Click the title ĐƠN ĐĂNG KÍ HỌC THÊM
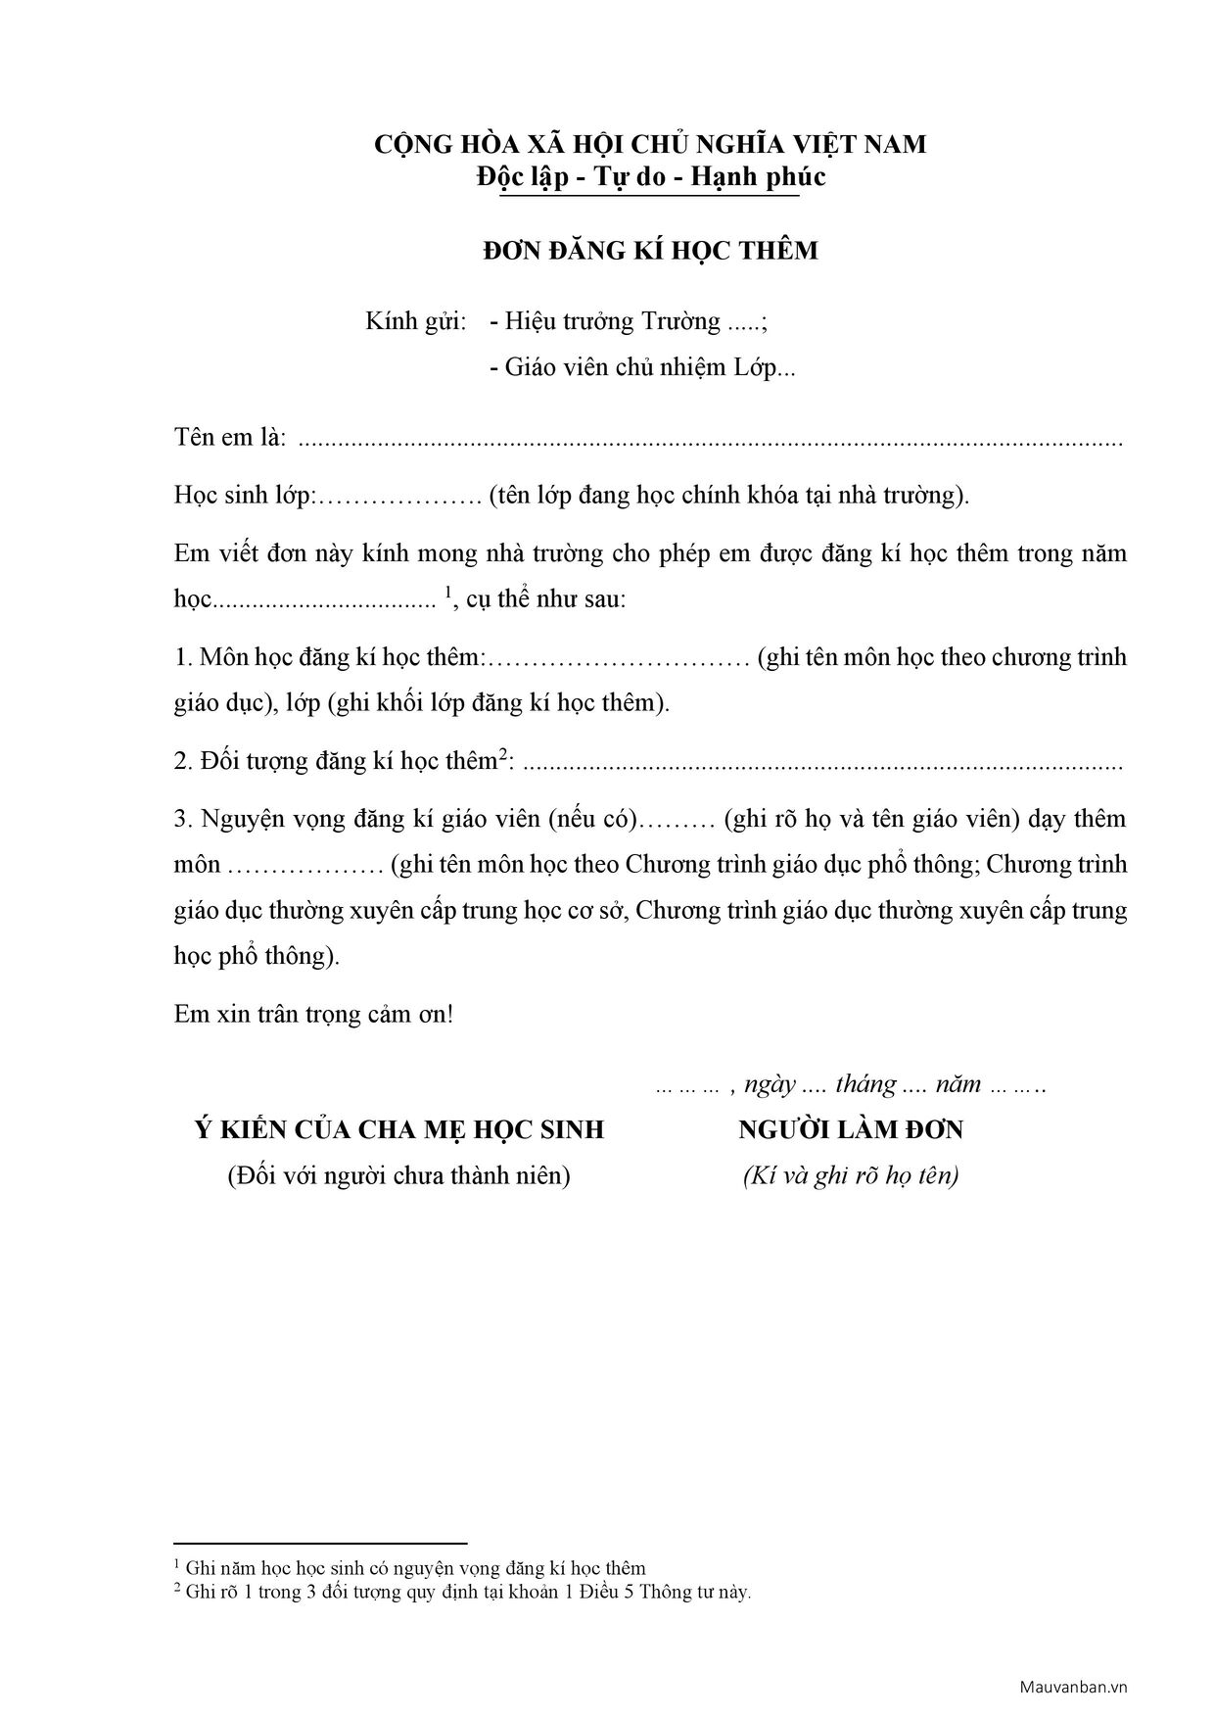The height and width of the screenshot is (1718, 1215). click(x=650, y=252)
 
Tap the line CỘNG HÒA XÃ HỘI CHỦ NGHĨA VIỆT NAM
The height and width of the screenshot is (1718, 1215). click(x=650, y=145)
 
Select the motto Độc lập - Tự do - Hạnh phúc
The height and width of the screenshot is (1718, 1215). click(x=650, y=177)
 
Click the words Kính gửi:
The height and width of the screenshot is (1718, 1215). click(x=416, y=321)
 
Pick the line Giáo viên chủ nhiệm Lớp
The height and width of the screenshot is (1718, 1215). click(x=642, y=367)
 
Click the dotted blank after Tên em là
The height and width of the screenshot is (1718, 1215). click(x=709, y=440)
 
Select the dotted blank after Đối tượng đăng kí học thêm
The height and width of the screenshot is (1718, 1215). click(x=822, y=763)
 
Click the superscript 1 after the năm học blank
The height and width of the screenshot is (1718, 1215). click(x=448, y=592)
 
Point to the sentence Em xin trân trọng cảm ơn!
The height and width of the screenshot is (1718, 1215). click(x=313, y=1014)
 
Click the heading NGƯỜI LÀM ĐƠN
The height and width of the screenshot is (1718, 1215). click(x=851, y=1130)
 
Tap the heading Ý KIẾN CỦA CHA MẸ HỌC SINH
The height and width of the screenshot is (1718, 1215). click(x=398, y=1130)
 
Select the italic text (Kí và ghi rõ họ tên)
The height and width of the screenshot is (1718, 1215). click(x=851, y=1175)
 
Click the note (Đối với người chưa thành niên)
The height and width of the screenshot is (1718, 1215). click(x=398, y=1175)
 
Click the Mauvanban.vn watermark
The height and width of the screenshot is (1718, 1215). click(x=1074, y=1687)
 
